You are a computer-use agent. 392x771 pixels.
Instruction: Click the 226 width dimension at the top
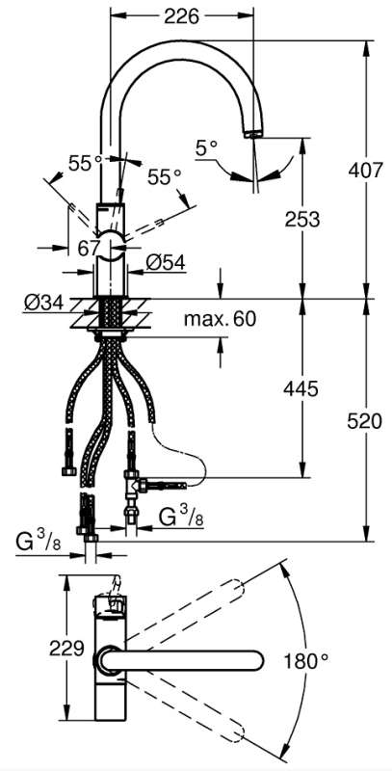(x=181, y=17)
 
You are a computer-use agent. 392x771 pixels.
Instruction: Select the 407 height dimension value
(x=364, y=171)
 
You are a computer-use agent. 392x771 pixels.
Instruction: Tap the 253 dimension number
(x=302, y=220)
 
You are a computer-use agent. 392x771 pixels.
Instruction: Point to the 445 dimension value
(x=301, y=389)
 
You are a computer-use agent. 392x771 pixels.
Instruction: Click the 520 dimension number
(x=364, y=421)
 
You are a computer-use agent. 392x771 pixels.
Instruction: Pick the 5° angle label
(x=206, y=147)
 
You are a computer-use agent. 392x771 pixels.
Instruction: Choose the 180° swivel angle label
(x=305, y=661)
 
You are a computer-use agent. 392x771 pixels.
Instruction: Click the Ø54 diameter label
(x=165, y=263)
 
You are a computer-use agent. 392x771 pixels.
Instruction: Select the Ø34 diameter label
(x=43, y=303)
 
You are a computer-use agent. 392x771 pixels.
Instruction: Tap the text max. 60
(x=220, y=319)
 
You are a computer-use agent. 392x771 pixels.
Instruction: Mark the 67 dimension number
(x=90, y=249)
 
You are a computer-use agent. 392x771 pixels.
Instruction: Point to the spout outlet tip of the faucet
(x=253, y=133)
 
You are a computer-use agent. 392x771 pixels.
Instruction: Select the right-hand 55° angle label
(x=164, y=177)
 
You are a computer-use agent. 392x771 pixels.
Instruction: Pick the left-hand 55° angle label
(x=85, y=163)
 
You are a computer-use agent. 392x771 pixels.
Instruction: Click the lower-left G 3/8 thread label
(x=39, y=542)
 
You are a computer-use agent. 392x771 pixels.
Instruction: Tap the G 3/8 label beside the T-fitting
(x=181, y=516)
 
